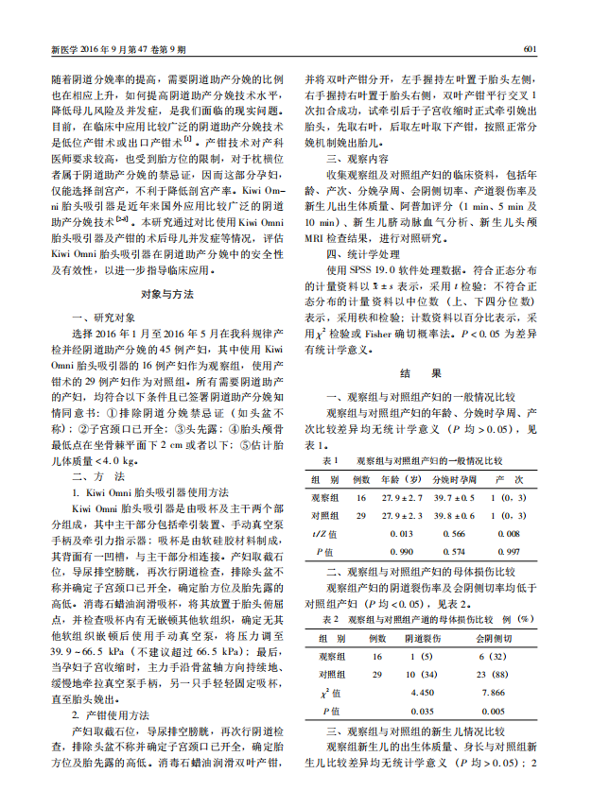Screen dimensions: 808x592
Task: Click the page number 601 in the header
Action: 531,48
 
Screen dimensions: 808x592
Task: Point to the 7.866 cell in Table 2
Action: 495,692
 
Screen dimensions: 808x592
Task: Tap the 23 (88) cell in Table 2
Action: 495,674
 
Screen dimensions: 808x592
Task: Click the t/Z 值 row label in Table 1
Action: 323,533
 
